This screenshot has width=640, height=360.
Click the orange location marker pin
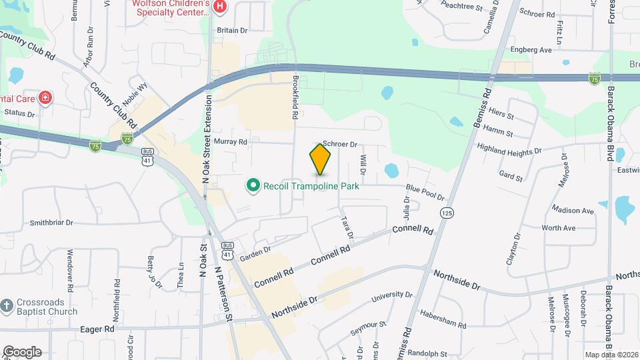click(321, 159)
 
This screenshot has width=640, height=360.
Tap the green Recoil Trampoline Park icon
click(253, 185)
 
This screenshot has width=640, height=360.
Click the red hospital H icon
click(221, 7)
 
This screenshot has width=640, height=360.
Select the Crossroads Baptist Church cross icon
click(7, 305)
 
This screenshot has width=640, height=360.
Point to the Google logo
click(22, 352)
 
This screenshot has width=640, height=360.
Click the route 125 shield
click(446, 212)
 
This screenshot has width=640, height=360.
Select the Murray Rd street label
click(231, 142)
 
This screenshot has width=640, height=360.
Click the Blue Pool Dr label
click(425, 193)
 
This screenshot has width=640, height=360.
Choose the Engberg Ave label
click(531, 49)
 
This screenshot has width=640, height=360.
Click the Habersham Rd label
click(443, 318)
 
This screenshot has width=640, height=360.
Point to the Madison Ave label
click(573, 211)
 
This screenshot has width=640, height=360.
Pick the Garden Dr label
click(255, 251)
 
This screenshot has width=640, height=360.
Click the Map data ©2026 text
click(611, 355)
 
